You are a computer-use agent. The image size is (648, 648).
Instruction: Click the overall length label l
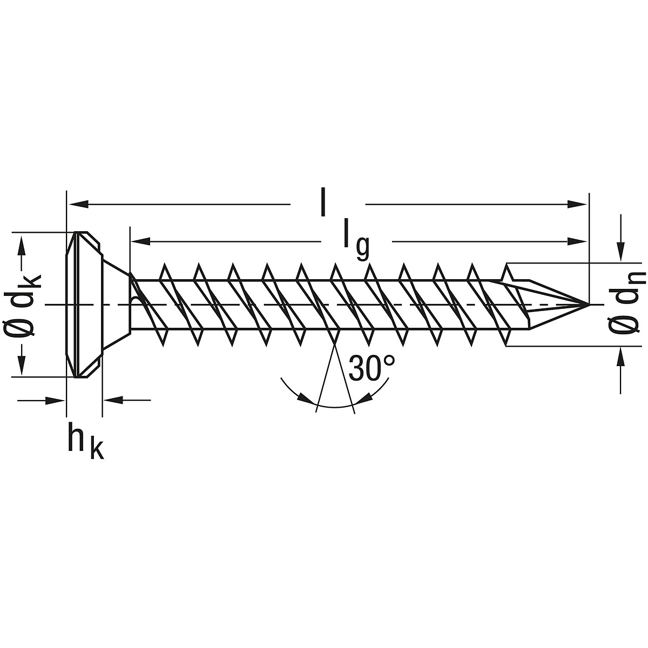click(x=323, y=202)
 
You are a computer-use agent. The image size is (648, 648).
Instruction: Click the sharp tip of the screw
click(x=589, y=305)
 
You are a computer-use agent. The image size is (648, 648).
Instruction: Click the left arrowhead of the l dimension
click(x=78, y=204)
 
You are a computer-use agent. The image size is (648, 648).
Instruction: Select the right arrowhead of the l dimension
click(x=578, y=204)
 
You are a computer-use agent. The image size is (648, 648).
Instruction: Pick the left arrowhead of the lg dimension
click(x=141, y=241)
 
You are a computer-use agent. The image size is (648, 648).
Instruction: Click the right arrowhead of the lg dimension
click(x=578, y=241)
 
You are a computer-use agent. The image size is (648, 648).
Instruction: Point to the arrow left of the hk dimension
click(x=54, y=400)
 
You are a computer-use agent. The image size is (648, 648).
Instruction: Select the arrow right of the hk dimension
click(x=113, y=400)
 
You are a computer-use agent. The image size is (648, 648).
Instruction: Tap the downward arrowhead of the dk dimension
click(x=23, y=366)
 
